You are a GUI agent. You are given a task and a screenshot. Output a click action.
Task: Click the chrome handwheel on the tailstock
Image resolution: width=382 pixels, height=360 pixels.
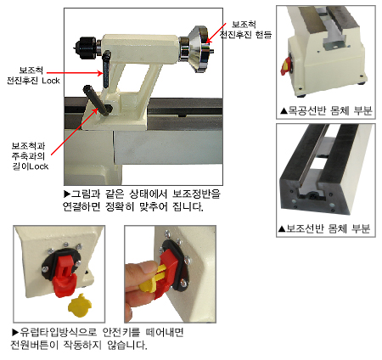tap(202, 48)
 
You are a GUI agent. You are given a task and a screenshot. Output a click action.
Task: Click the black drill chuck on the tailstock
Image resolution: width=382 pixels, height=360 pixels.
tap(86, 48)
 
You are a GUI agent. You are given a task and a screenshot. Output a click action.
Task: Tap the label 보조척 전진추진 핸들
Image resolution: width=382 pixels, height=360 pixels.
tap(245, 30)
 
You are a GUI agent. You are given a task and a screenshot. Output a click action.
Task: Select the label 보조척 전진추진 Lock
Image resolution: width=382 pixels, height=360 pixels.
tap(33, 76)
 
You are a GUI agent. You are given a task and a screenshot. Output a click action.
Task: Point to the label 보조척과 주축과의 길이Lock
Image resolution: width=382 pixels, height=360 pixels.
tap(30, 156)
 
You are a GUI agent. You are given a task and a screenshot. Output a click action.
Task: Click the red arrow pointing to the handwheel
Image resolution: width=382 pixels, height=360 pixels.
tap(216, 33)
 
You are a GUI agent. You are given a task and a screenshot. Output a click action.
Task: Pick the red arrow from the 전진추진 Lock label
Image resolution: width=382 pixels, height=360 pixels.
tap(75, 73)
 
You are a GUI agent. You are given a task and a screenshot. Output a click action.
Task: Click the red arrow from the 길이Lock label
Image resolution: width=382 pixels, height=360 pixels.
tap(75, 132)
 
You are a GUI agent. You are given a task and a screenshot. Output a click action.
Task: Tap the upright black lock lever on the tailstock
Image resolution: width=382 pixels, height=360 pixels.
tap(106, 69)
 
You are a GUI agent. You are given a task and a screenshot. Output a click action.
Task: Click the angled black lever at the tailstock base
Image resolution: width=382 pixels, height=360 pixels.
tap(97, 100)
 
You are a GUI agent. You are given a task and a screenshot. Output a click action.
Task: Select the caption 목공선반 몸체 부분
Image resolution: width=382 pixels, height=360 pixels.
tap(326, 110)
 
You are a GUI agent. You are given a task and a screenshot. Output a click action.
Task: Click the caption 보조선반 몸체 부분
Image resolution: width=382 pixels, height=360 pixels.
tap(324, 228)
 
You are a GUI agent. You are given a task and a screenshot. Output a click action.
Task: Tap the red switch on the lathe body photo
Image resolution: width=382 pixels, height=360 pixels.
tap(286, 65)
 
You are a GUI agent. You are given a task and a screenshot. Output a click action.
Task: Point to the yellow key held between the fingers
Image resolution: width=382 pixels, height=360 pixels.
tap(153, 278)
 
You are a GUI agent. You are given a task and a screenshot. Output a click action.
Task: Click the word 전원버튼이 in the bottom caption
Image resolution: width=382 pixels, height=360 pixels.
tap(34, 345)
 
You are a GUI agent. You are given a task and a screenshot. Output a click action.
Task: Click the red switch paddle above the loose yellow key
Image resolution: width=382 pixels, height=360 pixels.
tap(64, 274)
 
